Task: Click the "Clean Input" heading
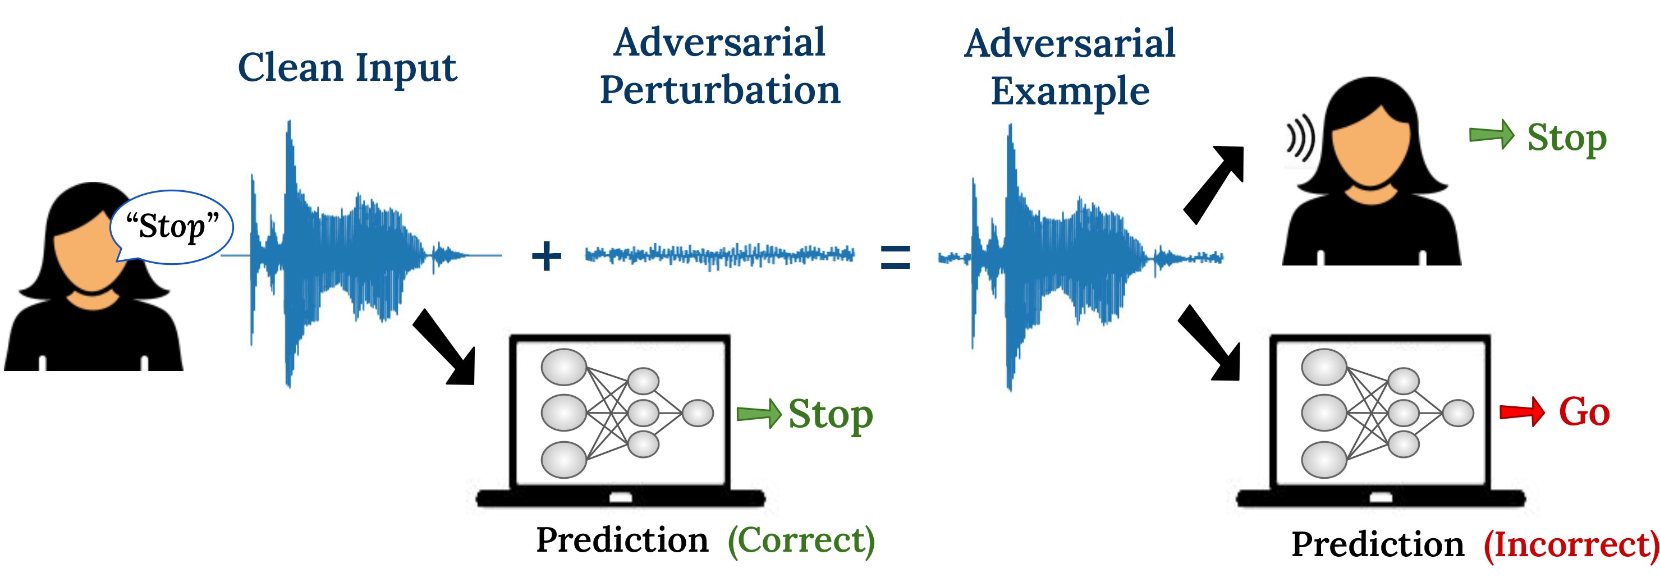pos(347,68)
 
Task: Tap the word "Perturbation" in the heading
pos(720,91)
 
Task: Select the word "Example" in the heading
pos(1070,92)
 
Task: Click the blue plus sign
pos(546,256)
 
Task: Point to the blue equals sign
pos(895,256)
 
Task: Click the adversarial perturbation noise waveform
pos(719,255)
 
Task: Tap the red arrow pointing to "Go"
pos(1521,412)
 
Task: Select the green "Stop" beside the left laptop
pos(830,414)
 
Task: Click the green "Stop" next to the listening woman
pos(1566,138)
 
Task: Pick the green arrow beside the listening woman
pos(1491,135)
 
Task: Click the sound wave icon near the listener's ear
pos(1300,139)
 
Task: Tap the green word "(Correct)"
pos(801,540)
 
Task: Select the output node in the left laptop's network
pos(697,413)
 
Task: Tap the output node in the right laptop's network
pos(1457,413)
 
